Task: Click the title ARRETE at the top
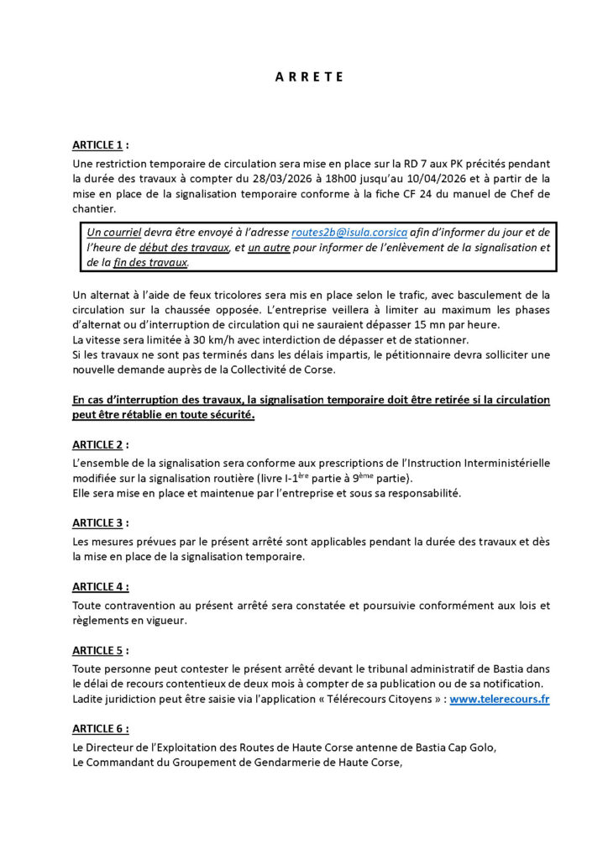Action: coord(309,77)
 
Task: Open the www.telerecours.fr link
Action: coord(500,699)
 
